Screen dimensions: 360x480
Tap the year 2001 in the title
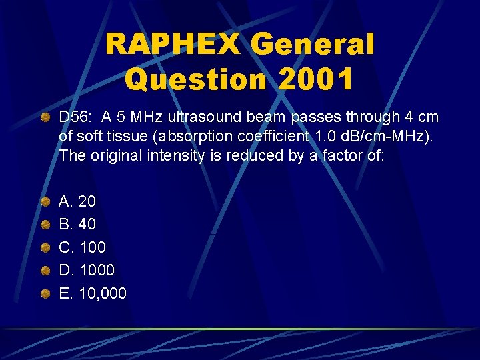coord(317,79)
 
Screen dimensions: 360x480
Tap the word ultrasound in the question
coord(205,117)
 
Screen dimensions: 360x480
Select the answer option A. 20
coord(77,201)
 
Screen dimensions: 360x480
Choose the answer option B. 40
coord(77,224)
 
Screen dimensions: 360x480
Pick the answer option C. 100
coord(82,247)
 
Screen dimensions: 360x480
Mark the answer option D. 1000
coord(87,270)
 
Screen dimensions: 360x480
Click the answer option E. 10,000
coord(92,293)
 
